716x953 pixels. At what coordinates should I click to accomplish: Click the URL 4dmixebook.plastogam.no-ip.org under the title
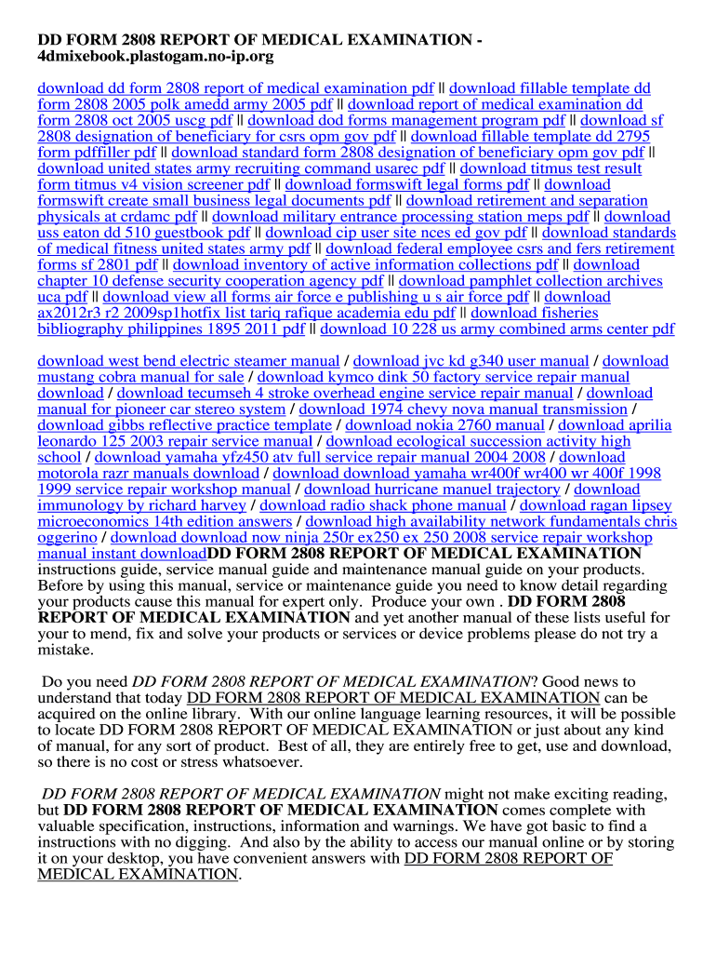pyautogui.click(x=155, y=57)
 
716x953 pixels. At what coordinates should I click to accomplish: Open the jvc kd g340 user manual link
pyautogui.click(x=471, y=361)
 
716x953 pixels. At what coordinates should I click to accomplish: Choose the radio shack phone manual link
pyautogui.click(x=383, y=505)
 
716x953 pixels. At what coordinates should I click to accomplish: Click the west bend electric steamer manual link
pyautogui.click(x=188, y=361)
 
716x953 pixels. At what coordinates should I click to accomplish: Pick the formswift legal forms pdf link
pyautogui.click(x=406, y=184)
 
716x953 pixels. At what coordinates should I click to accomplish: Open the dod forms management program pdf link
pyautogui.click(x=406, y=120)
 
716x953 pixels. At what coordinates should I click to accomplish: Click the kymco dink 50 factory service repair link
pyautogui.click(x=443, y=377)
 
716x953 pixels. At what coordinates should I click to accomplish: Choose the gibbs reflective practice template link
pyautogui.click(x=184, y=425)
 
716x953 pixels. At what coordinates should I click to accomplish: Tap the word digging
pyautogui.click(x=201, y=842)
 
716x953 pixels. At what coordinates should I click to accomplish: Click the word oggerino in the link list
pyautogui.click(x=71, y=537)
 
